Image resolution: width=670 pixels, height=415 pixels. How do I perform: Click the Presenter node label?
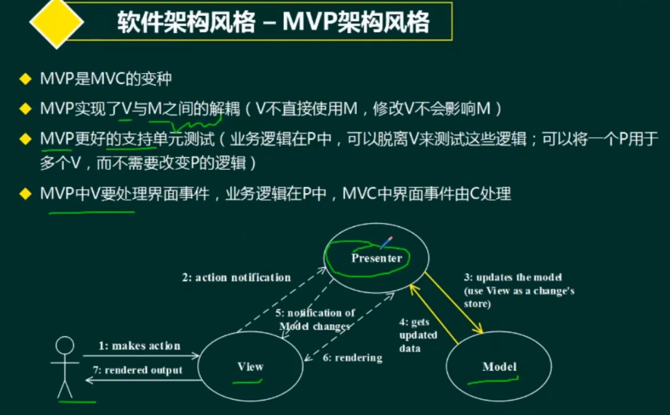coord(377,258)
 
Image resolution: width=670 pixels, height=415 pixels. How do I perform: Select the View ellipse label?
coord(250,366)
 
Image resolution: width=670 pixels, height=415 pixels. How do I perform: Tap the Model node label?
coord(499,366)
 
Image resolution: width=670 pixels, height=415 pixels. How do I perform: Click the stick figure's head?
coord(65,345)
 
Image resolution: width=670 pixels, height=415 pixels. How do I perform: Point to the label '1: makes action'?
coord(139,345)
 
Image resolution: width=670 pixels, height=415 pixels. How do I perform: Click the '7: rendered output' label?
coord(138,370)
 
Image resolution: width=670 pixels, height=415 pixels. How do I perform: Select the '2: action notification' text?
coord(236,277)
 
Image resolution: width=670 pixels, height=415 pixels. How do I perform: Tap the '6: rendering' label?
coord(352,357)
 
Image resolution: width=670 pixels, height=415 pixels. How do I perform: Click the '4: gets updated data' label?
coord(418,335)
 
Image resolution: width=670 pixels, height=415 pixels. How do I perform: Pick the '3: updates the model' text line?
coord(513,277)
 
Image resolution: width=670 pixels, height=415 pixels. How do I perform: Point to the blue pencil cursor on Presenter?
coord(386,242)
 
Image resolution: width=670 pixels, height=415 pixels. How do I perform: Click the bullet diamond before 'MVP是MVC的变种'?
coord(25,79)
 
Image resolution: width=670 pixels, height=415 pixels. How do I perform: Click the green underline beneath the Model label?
coord(493,380)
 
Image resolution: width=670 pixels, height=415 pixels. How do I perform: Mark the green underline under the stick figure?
coord(78,401)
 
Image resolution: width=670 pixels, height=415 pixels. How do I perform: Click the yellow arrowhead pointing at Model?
coord(479,329)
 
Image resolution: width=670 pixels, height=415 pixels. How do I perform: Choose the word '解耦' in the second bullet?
coord(224,109)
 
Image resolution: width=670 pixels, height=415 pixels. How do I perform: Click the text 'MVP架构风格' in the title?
coord(356,22)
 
